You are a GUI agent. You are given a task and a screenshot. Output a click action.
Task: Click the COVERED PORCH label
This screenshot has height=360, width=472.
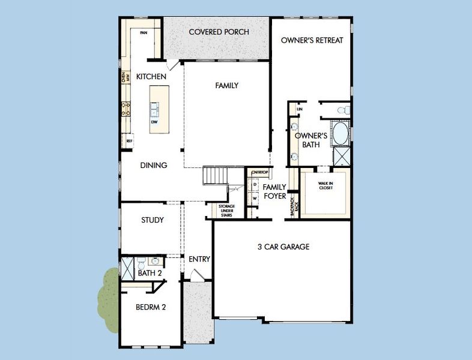click(219, 32)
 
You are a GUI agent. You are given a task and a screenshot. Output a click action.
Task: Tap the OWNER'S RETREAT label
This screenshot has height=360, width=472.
click(312, 40)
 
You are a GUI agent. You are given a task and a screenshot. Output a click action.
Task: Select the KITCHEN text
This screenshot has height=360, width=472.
click(151, 77)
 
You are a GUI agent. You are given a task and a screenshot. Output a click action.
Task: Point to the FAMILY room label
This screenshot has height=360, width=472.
click(227, 86)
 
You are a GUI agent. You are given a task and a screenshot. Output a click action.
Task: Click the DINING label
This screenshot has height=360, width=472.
click(154, 166)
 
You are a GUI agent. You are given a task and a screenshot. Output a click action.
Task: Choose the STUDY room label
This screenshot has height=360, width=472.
click(153, 220)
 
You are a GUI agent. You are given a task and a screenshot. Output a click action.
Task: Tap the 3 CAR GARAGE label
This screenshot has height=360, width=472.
click(283, 247)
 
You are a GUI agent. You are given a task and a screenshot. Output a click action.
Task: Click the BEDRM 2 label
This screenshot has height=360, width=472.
click(150, 307)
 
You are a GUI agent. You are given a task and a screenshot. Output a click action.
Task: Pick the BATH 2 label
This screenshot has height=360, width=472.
click(150, 273)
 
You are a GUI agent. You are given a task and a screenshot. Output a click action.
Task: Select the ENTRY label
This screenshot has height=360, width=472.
click(199, 259)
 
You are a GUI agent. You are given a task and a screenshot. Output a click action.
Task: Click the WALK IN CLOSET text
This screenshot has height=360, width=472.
click(325, 185)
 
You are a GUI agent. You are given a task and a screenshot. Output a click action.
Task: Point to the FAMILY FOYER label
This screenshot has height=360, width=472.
click(275, 191)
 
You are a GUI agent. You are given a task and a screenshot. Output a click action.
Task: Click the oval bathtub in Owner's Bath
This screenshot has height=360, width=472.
click(340, 133)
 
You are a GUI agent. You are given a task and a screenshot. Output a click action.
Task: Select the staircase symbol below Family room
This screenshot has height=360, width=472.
click(216, 175)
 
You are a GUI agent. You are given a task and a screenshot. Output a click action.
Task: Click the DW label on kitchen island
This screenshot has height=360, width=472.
click(154, 122)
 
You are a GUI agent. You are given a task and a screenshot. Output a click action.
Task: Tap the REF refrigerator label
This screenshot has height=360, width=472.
click(129, 141)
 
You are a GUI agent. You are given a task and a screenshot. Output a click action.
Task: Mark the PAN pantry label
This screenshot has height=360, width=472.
click(144, 33)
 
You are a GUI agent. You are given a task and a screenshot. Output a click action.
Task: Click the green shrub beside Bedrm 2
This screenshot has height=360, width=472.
click(109, 298)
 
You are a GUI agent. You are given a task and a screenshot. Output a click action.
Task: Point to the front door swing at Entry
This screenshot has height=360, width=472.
click(195, 275)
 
